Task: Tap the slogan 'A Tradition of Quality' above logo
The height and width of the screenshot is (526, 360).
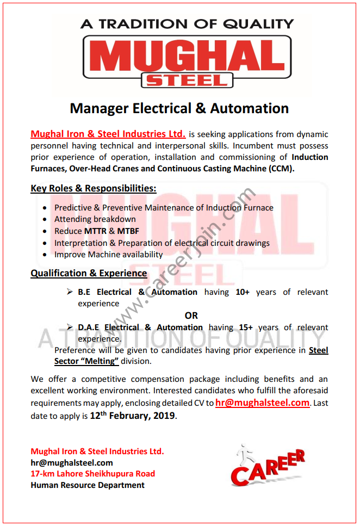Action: tap(187, 24)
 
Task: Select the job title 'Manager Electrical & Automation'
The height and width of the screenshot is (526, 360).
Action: tap(179, 108)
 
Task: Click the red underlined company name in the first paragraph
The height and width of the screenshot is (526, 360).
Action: tap(108, 134)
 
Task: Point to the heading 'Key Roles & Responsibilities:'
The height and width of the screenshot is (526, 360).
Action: tap(94, 188)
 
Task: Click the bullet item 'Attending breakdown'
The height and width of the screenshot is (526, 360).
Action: tap(95, 219)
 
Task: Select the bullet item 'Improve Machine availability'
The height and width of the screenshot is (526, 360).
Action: tap(108, 255)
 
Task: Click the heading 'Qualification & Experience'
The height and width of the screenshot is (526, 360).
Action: tap(89, 273)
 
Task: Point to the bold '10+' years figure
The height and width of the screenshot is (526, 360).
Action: tap(243, 292)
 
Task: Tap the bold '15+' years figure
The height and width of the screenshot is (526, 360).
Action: tap(246, 327)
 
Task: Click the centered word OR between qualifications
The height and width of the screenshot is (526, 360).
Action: tap(191, 315)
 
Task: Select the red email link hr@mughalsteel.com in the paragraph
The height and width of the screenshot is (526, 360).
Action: tap(262, 403)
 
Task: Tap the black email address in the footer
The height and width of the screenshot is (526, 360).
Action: tap(72, 463)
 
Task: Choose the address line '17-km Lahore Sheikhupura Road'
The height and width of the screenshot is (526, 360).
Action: tap(93, 474)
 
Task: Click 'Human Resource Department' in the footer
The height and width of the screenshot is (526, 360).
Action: tap(88, 485)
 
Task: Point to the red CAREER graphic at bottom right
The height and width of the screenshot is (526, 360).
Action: tap(266, 467)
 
